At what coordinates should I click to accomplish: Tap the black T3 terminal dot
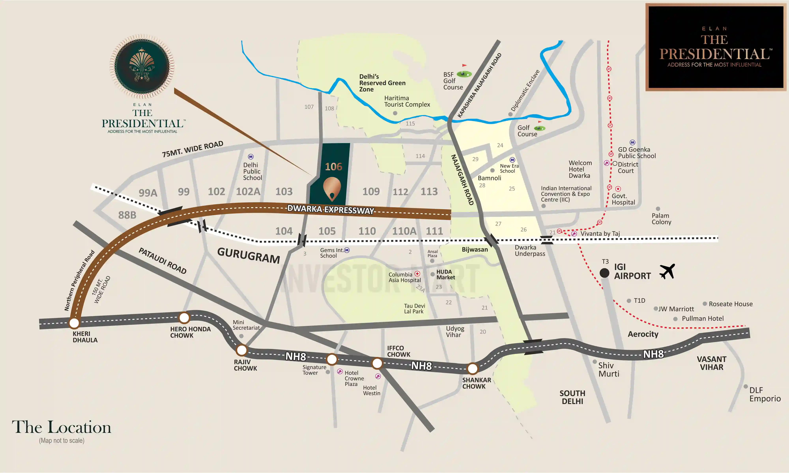(604, 273)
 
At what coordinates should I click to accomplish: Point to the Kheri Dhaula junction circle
(74, 323)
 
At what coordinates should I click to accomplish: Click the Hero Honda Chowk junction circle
(184, 318)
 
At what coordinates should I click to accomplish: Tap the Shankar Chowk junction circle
(472, 369)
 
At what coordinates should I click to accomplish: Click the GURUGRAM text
(248, 256)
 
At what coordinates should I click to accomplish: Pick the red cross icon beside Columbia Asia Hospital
(417, 274)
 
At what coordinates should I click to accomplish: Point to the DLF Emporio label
(765, 394)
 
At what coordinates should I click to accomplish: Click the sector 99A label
(148, 193)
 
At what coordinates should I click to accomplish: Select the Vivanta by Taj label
(600, 234)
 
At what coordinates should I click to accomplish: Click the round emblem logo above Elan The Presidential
(142, 66)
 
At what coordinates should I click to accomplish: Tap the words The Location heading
(62, 427)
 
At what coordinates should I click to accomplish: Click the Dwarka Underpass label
(530, 250)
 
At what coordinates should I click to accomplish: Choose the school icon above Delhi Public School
(251, 156)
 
